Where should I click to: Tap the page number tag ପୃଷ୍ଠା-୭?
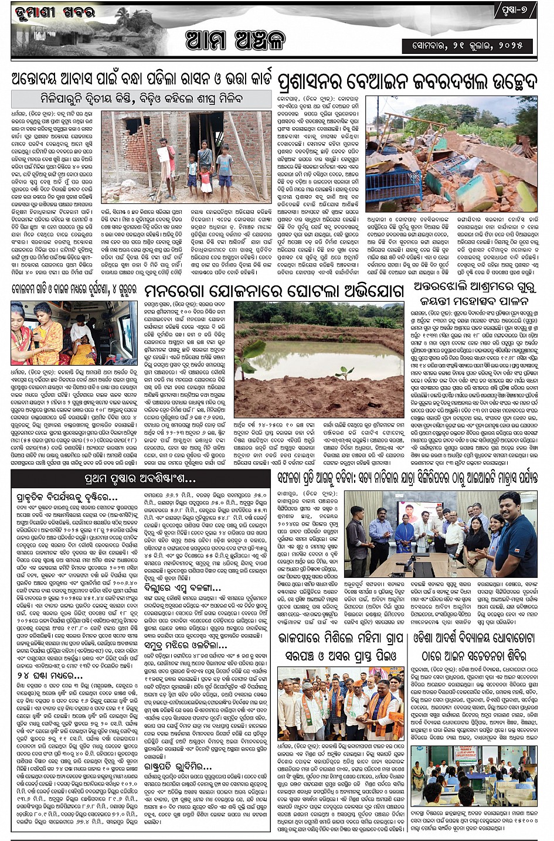pyautogui.click(x=516, y=11)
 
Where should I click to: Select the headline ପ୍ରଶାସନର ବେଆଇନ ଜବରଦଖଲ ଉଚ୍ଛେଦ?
pyautogui.click(x=408, y=82)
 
